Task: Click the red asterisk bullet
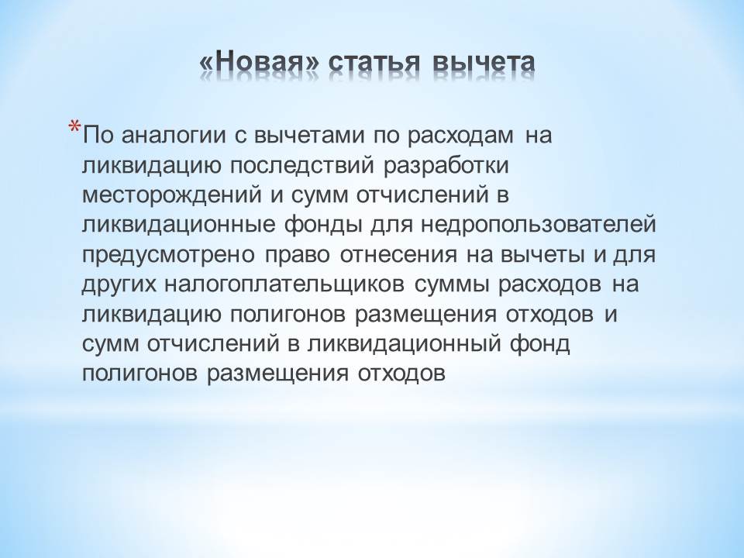(x=74, y=128)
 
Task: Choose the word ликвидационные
(x=178, y=226)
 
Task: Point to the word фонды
(x=322, y=226)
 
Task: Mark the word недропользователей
(x=539, y=226)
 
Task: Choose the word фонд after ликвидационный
(x=540, y=344)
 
